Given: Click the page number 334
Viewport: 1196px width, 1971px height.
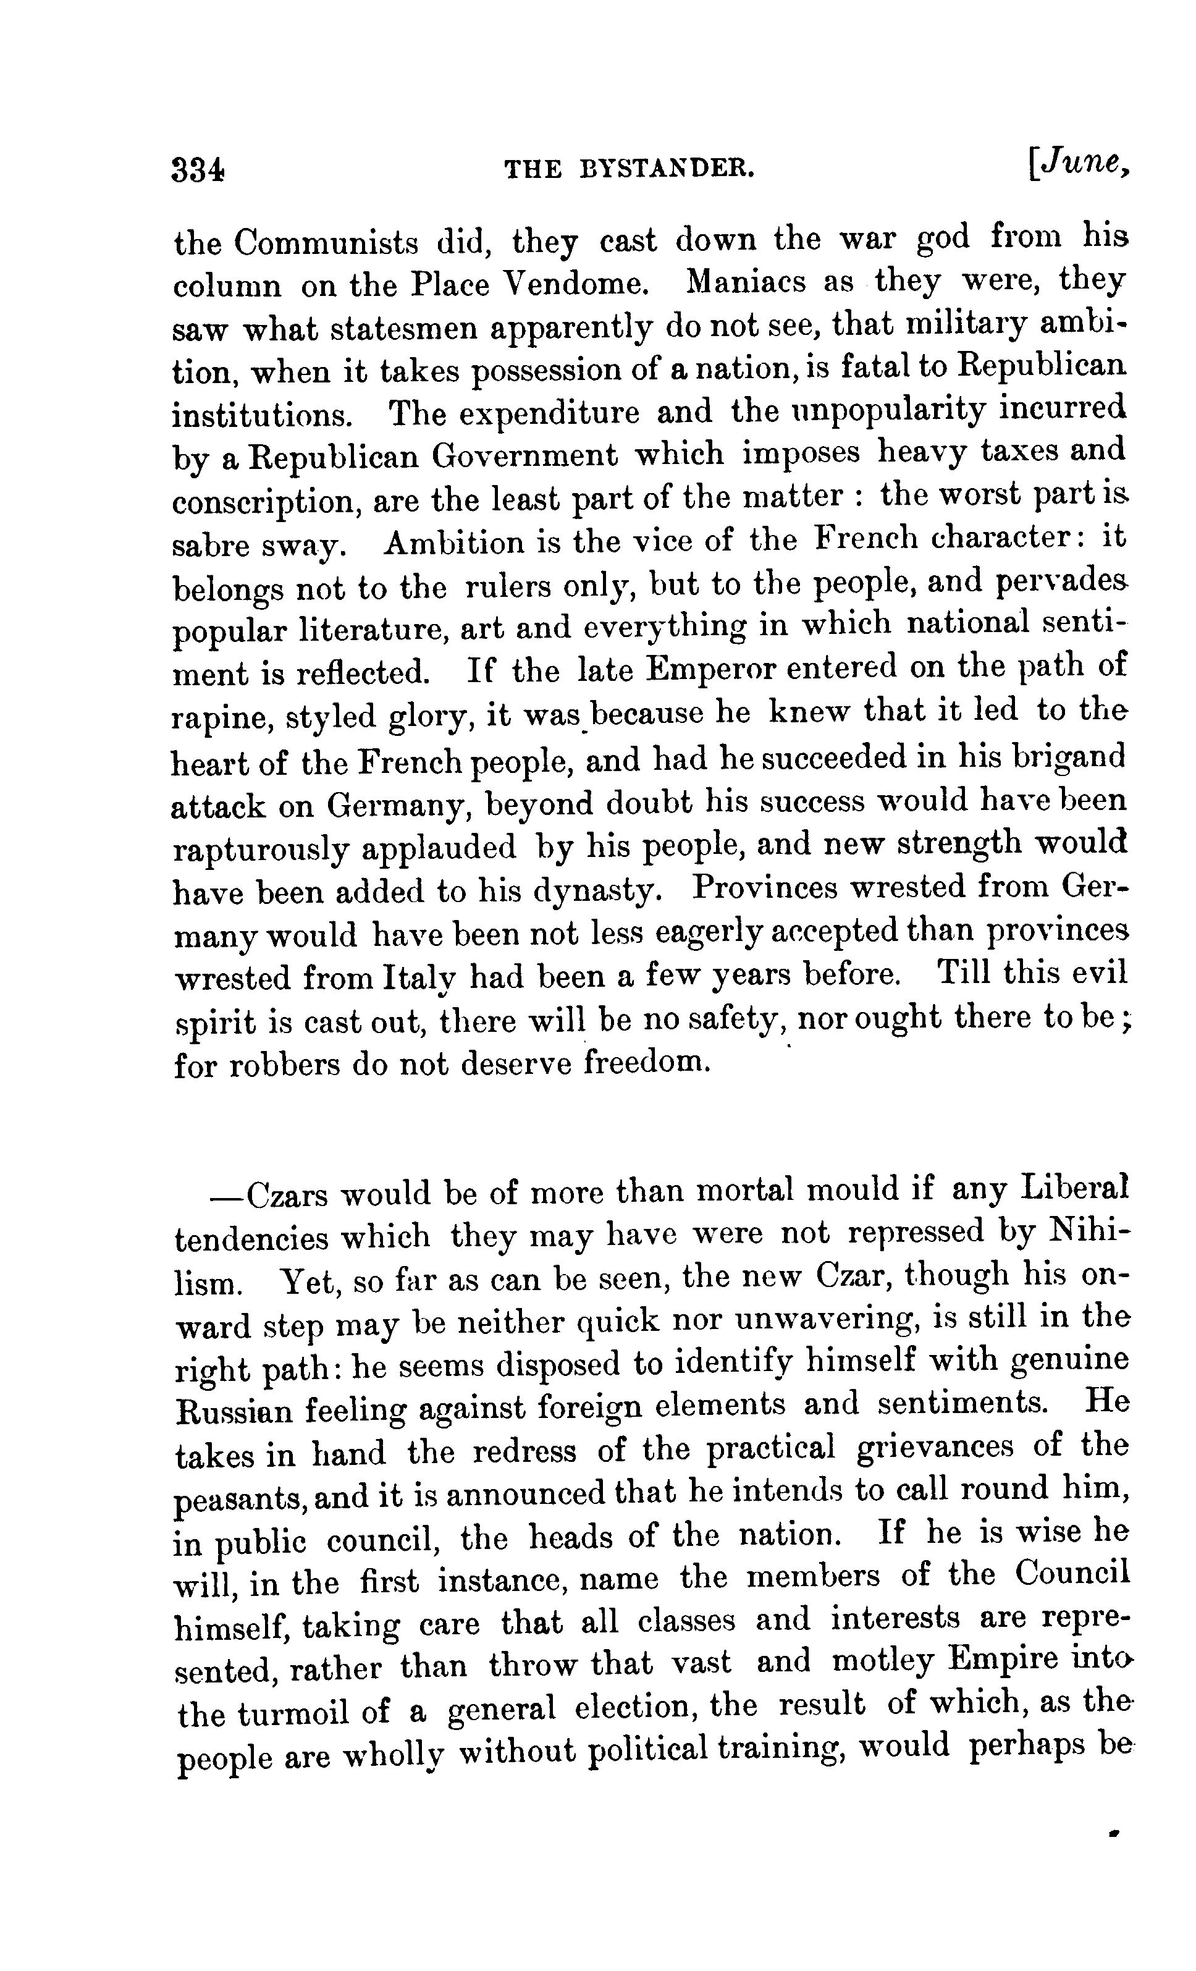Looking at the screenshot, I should click(198, 169).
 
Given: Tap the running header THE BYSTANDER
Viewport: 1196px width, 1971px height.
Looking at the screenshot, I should click(630, 169).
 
